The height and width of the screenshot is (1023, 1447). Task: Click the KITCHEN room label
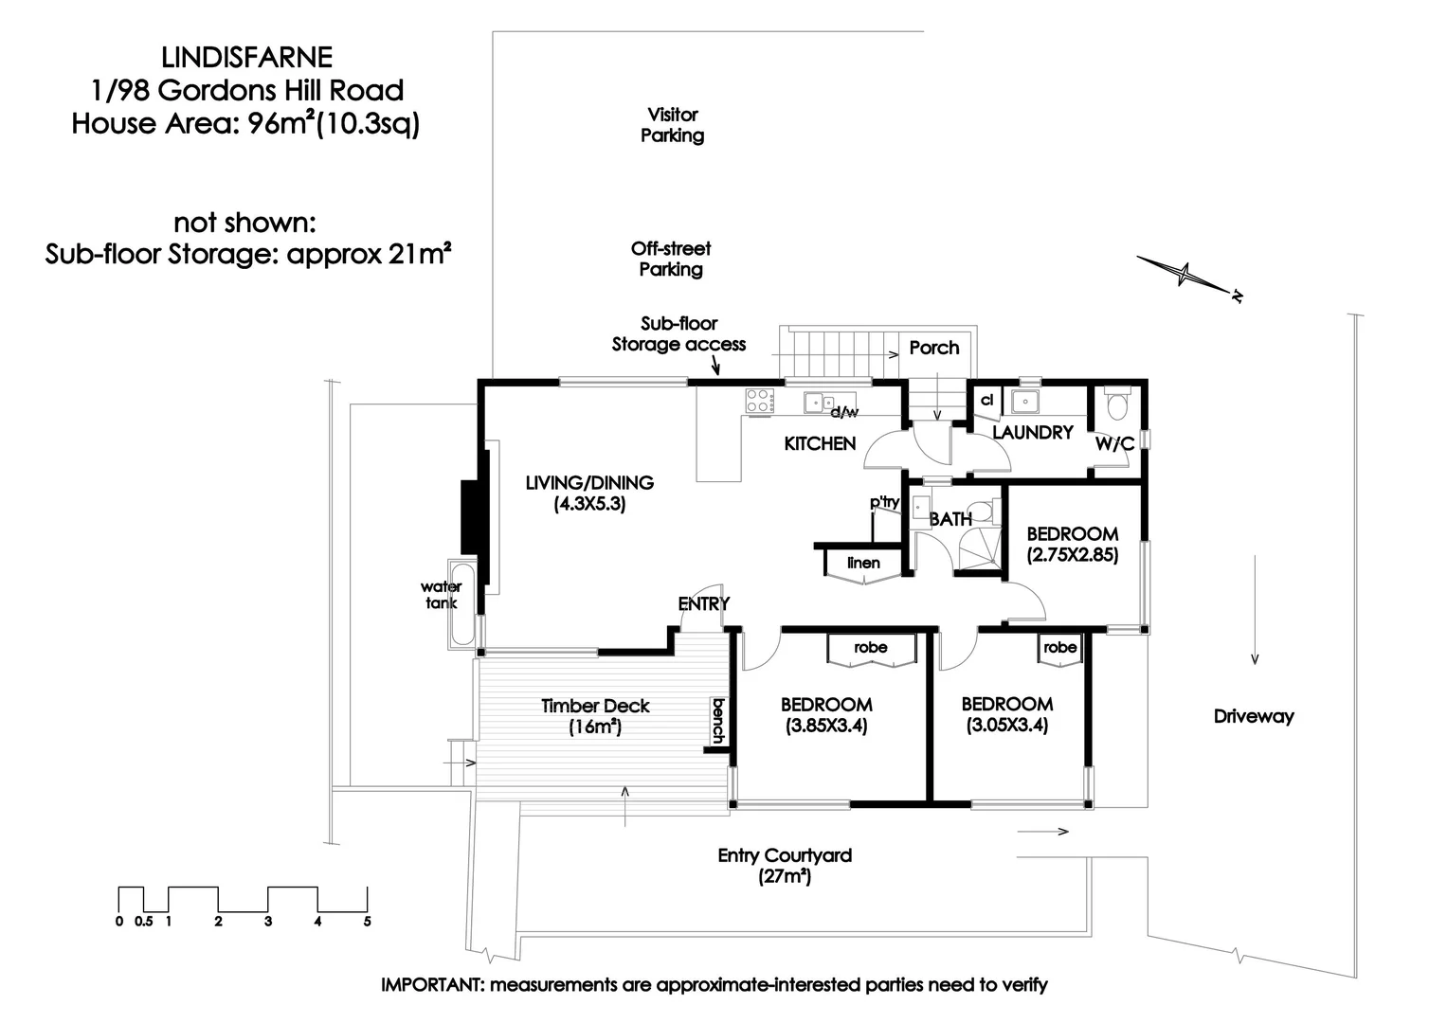coord(820,443)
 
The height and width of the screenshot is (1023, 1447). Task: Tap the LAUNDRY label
coord(1032,432)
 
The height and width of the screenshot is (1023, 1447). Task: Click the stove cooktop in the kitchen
coord(757,401)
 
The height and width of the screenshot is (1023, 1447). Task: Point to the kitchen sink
coord(817,403)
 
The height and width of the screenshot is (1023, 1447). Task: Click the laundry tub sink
coord(1023,402)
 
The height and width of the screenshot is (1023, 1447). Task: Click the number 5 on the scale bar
coord(367,921)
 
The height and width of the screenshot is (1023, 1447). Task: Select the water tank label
coord(442,595)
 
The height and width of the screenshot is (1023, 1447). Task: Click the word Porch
coord(934,348)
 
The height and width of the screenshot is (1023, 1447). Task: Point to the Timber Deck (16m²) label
coord(595,716)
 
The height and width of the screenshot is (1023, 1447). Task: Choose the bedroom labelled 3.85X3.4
coord(826,715)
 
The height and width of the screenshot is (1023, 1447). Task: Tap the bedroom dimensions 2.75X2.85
coord(1073,555)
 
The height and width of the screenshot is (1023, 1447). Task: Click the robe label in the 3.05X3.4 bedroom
coord(1059,648)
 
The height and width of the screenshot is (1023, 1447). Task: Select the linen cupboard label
coord(863,563)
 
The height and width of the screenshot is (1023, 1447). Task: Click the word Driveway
coord(1254,716)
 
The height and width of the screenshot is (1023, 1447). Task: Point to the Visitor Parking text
coord(672,125)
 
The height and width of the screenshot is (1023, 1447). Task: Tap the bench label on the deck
coord(718,721)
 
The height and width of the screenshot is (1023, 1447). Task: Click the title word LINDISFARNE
coord(247,58)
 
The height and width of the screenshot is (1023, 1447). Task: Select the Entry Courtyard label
coord(785,866)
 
